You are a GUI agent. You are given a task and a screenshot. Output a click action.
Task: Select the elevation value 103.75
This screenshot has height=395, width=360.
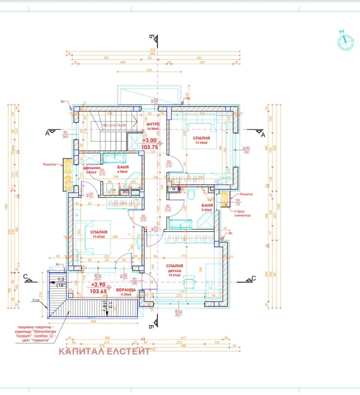149,147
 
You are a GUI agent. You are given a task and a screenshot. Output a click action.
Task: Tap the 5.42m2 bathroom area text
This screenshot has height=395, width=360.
207,210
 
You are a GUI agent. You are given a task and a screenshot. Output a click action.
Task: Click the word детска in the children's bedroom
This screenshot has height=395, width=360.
174,271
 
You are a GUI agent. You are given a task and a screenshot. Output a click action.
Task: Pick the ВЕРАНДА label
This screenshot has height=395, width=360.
126,290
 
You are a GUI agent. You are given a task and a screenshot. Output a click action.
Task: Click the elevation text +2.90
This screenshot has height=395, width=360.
98,285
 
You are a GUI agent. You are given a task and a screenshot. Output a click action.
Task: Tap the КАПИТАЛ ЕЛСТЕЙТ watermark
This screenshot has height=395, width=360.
104,351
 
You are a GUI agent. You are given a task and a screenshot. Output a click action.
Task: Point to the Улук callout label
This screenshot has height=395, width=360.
36,300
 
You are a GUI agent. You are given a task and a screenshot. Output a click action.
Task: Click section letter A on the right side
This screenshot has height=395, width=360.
263,134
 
